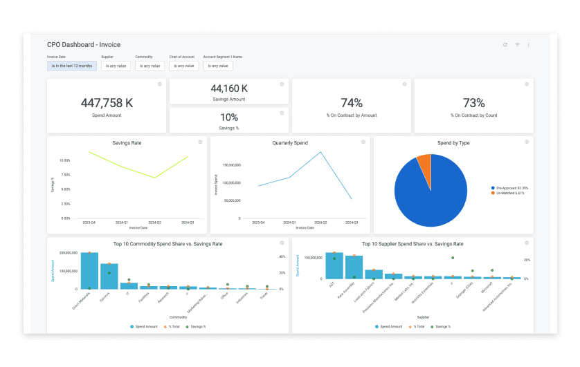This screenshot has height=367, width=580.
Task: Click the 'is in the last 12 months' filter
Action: click(71, 66)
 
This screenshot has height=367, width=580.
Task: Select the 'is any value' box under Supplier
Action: click(116, 66)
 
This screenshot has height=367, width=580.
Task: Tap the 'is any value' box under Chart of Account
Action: click(183, 66)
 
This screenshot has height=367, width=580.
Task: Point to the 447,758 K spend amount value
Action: click(107, 102)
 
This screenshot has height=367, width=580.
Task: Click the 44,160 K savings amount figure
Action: click(229, 88)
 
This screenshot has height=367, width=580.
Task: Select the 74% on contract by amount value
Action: click(352, 103)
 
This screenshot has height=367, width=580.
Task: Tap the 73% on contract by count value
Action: click(473, 103)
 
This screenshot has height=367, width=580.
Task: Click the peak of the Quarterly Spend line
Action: click(321, 152)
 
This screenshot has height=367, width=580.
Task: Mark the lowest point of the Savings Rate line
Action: click(156, 178)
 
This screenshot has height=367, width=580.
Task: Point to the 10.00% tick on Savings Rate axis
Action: click(64, 160)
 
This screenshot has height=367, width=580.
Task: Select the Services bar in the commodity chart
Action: click(109, 276)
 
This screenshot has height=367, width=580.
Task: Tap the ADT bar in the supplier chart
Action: click(334, 265)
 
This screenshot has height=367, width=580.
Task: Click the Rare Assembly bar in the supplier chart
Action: click(354, 267)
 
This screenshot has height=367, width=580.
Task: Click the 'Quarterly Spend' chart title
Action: click(290, 143)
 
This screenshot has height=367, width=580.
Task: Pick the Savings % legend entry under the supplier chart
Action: click(441, 326)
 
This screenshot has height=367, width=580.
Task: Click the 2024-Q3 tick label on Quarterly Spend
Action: click(351, 223)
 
